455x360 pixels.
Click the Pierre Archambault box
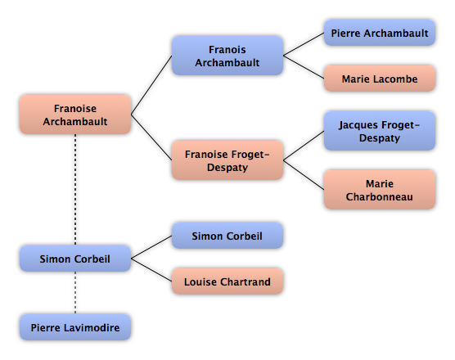380,33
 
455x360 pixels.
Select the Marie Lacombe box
380,79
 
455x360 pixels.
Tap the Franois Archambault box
227,56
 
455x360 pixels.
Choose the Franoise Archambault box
75,115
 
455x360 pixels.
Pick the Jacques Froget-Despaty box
380,131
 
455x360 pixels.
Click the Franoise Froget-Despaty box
227,160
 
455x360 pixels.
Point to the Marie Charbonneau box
380,190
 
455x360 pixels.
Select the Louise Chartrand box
227,281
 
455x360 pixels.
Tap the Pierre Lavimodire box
75,327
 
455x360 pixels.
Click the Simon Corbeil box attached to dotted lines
75,259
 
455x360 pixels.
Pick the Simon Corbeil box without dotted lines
227,236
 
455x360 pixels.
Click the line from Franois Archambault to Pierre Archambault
304,44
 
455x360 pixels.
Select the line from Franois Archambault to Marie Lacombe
304,67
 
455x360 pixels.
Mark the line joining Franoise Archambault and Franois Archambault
151,85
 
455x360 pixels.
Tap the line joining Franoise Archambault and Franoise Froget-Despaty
151,137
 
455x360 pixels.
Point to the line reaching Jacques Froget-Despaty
304,146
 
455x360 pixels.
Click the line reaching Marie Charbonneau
304,175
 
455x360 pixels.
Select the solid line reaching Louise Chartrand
151,270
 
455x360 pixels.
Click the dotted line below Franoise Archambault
75,190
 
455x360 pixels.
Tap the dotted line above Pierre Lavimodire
75,293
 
